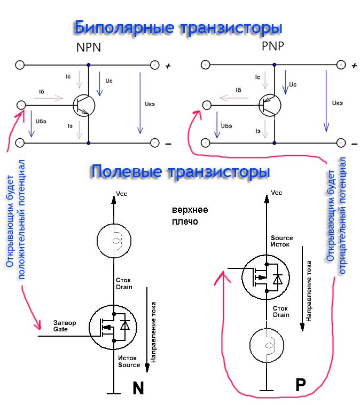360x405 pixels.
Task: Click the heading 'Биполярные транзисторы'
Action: tap(178, 27)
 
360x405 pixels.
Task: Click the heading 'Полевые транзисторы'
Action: tap(180, 172)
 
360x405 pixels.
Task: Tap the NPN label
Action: tap(89, 49)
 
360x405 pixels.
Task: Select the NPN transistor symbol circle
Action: tap(84, 105)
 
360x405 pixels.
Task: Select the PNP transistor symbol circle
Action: tap(269, 105)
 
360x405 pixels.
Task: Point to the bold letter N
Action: tap(138, 388)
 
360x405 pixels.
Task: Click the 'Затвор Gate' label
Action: tap(65, 326)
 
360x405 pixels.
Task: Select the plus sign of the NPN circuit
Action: tap(168, 66)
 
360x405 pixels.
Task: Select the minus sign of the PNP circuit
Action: tap(353, 144)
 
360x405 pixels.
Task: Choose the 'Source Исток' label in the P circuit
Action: tap(281, 241)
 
